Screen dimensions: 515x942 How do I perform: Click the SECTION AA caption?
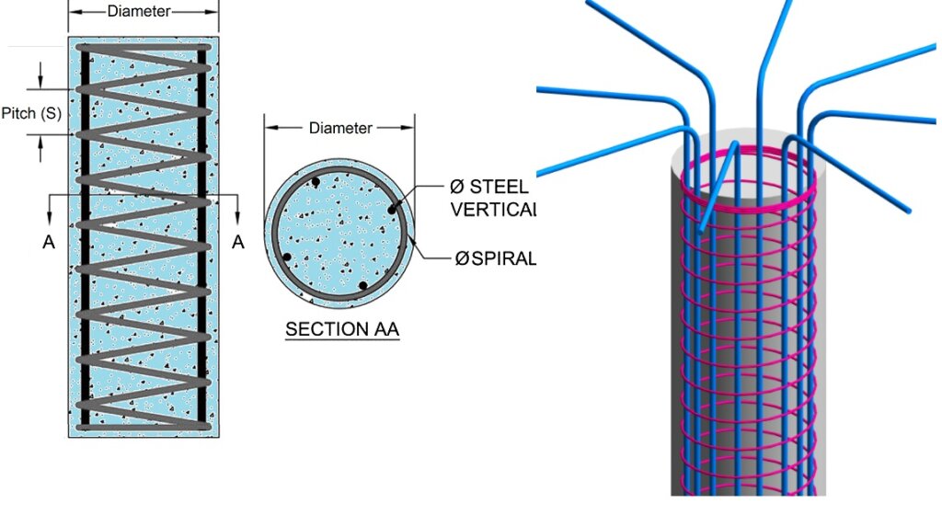[x=342, y=329]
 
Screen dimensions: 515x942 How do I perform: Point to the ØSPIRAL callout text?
[x=495, y=257]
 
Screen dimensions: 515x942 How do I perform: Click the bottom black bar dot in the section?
[x=363, y=286]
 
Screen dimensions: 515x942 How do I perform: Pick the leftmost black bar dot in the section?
[x=287, y=257]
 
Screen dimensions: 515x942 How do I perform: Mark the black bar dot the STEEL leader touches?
[x=392, y=211]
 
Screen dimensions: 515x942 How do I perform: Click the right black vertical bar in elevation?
[x=202, y=276]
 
